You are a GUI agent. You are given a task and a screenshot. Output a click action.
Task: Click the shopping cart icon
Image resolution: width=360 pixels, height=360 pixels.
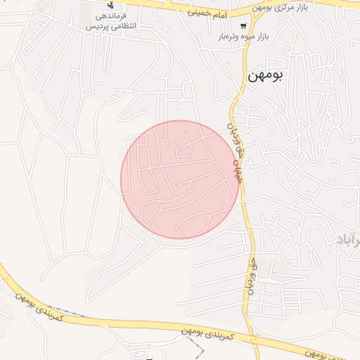pos(243,27)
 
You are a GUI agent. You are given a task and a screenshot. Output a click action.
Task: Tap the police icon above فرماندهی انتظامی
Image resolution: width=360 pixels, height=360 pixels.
pos(110,5)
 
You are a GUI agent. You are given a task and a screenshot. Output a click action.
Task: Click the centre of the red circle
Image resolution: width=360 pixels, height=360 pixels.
pos(180,179)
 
